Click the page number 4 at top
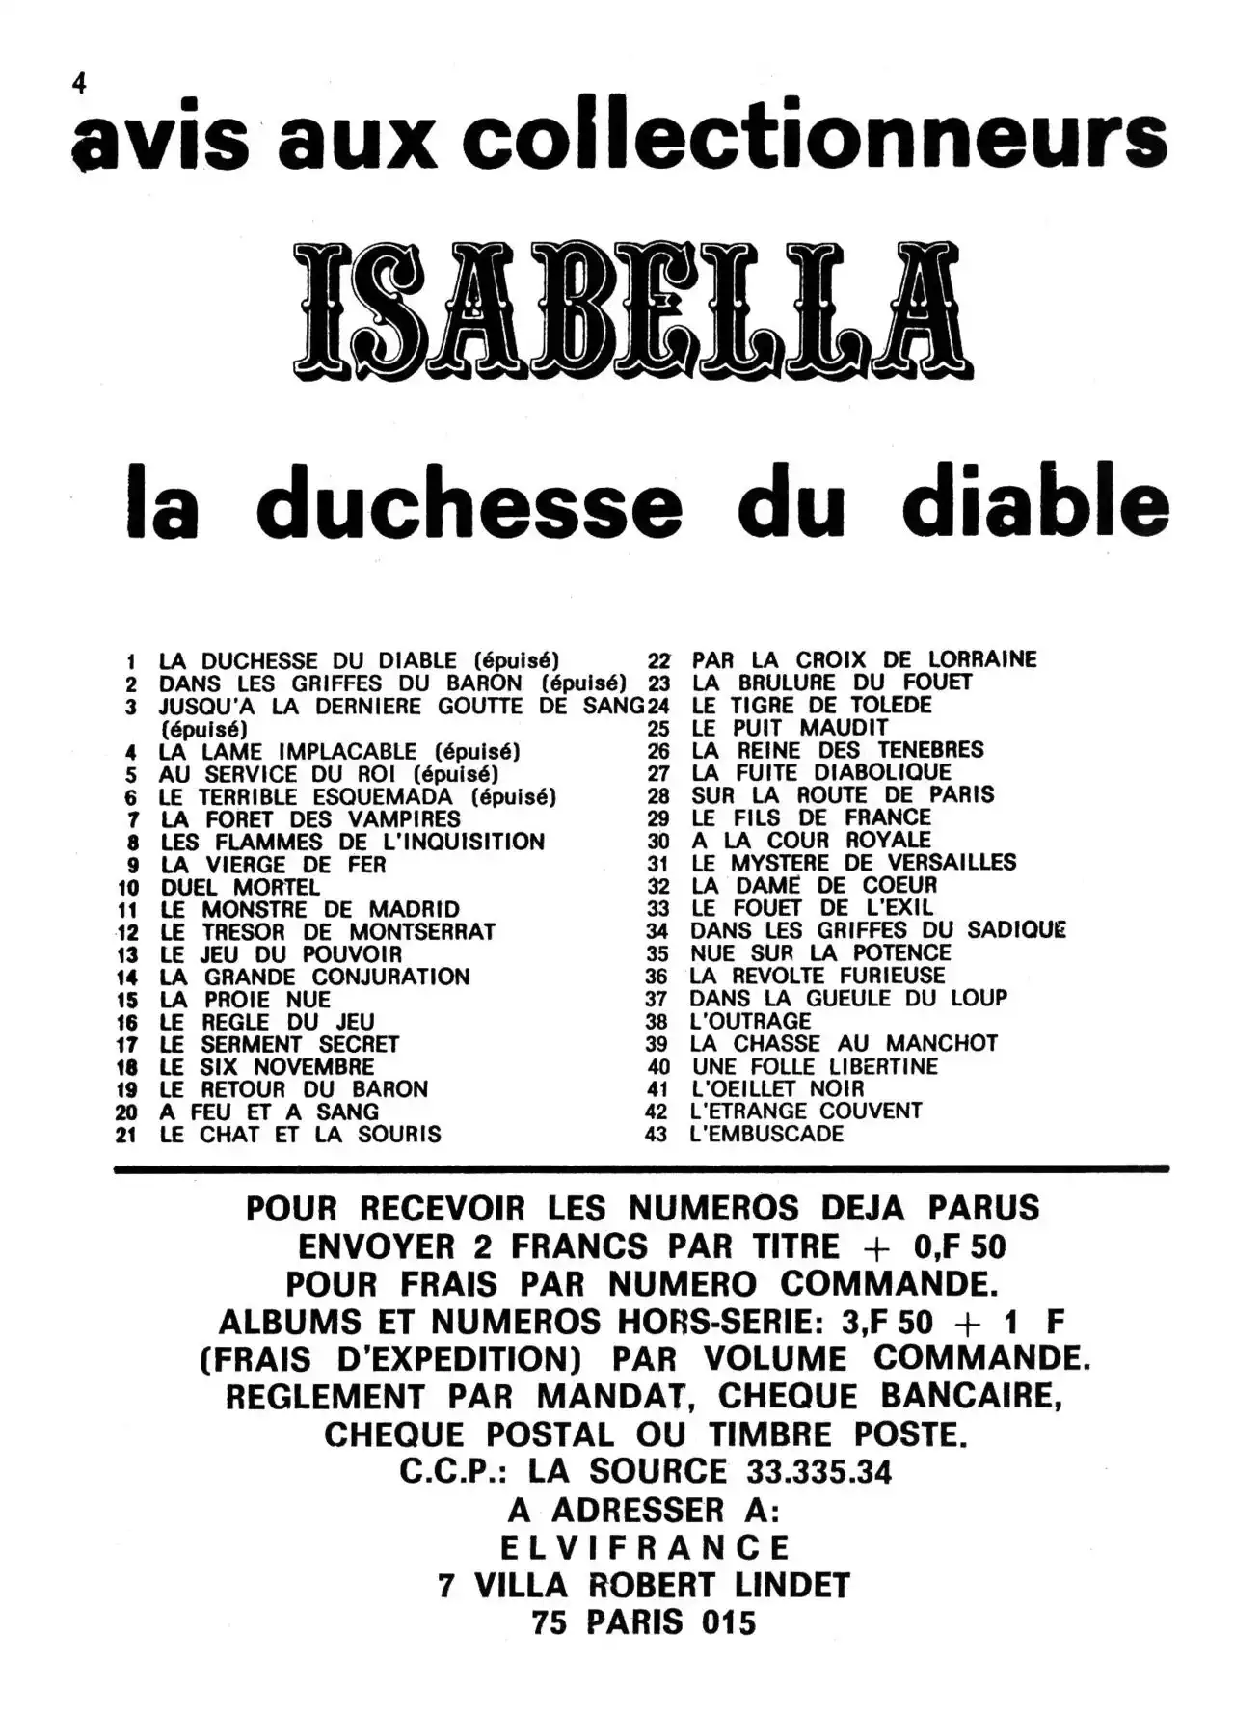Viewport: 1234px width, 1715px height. point(79,85)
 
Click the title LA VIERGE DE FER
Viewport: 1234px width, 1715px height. point(273,865)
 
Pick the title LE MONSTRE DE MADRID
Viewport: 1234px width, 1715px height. point(309,910)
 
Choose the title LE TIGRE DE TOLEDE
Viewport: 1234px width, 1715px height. point(812,706)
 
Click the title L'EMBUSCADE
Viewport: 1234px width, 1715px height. point(766,1134)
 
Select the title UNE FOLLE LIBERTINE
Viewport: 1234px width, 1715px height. point(815,1066)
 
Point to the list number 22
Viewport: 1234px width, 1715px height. point(658,661)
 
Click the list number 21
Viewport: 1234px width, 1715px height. point(126,1136)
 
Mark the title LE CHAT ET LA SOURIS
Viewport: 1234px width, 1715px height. point(300,1135)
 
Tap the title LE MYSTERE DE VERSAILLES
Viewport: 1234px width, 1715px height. point(853,863)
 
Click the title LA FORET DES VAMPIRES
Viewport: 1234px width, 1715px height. point(310,819)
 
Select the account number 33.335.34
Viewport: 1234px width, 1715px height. point(818,1472)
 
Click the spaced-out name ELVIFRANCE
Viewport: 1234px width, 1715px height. point(644,1548)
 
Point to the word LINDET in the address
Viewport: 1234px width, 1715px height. point(789,1586)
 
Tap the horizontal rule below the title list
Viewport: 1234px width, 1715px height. point(640,1168)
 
